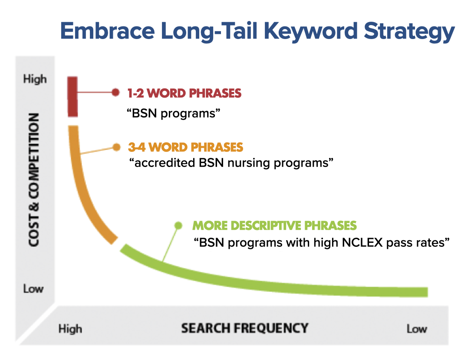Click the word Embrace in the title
pyautogui.click(x=108, y=31)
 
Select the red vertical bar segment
pyautogui.click(x=72, y=97)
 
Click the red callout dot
pyautogui.click(x=115, y=92)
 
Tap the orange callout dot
pyautogui.click(x=116, y=147)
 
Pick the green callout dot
pyautogui.click(x=178, y=225)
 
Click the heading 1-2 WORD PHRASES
pyautogui.click(x=184, y=93)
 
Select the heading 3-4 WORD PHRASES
pyautogui.click(x=185, y=147)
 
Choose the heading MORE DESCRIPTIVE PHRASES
pyautogui.click(x=274, y=226)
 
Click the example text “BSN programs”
pyautogui.click(x=173, y=114)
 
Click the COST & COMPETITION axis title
pyautogui.click(x=34, y=180)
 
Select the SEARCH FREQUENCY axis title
pyautogui.click(x=245, y=328)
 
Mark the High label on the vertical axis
pyautogui.click(x=35, y=79)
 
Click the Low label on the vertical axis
pyautogui.click(x=33, y=288)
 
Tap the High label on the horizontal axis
pyautogui.click(x=70, y=329)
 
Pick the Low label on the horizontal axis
pyautogui.click(x=417, y=329)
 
